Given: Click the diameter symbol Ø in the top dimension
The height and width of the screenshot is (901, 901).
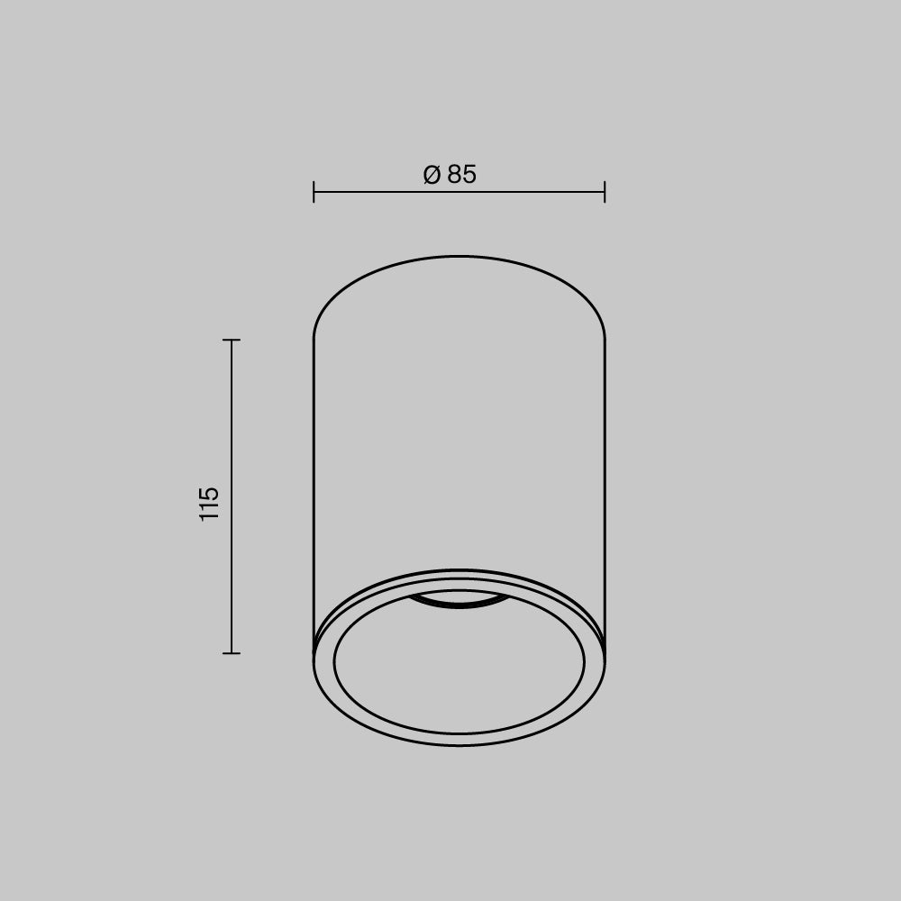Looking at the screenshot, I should point(432,175).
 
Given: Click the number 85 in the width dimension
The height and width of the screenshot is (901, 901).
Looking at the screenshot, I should point(461,175).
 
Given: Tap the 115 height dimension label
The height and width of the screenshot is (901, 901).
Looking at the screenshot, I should point(209,504).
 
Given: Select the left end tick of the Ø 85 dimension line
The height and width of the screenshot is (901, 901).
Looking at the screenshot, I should point(314,192).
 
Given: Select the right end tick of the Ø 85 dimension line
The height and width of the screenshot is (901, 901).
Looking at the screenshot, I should point(605,192).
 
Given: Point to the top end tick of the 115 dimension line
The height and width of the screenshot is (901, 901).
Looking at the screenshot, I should point(232,341).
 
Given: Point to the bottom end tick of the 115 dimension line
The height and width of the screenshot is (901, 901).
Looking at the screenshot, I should point(232,652).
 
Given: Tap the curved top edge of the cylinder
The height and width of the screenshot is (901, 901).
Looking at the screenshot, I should point(460,257).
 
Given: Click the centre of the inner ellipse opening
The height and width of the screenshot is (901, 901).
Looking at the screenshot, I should point(459,662).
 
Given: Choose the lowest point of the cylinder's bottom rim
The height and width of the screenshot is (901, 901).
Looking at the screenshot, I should point(459,745).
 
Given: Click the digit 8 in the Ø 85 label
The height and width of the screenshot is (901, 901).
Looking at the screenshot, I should point(454,175).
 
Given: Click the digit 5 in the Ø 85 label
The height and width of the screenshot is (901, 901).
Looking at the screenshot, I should point(469,175).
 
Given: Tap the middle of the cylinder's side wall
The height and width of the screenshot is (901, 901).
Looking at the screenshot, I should point(459,432).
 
